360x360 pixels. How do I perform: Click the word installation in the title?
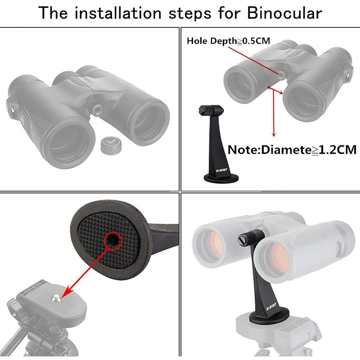coord(118,13)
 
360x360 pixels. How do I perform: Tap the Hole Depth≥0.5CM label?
coord(229,41)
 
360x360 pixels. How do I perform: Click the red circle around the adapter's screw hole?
coord(113,241)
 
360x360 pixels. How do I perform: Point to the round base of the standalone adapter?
coord(221,178)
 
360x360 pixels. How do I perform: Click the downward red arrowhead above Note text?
coord(274,134)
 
